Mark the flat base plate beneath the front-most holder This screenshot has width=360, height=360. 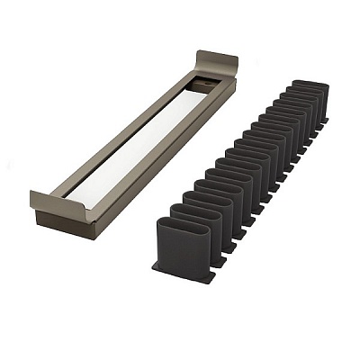tap(184, 272)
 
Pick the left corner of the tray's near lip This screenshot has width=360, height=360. tap(34, 196)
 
